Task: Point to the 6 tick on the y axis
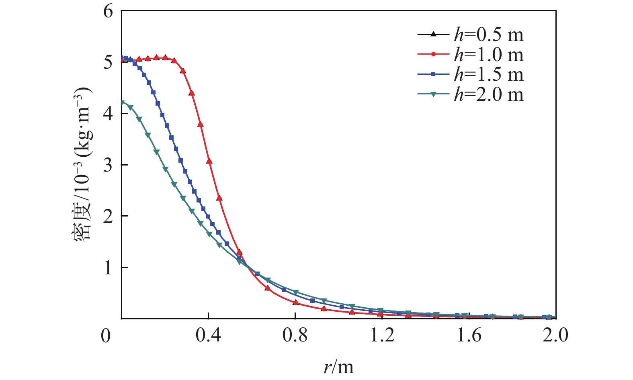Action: tap(108, 11)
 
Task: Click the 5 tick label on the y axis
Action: tap(108, 63)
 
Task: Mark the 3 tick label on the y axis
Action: tap(108, 165)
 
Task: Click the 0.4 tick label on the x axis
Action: tap(208, 335)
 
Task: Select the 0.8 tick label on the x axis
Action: tap(295, 335)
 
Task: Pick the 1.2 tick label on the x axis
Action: tap(382, 335)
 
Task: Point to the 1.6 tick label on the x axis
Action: tap(469, 335)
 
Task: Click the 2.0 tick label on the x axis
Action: tap(555, 335)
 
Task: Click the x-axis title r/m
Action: tap(338, 366)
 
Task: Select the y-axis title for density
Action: tap(83, 163)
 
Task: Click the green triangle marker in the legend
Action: tap(433, 95)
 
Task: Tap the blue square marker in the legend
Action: tap(433, 75)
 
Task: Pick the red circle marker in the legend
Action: tap(433, 55)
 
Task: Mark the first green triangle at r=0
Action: tap(122, 103)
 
